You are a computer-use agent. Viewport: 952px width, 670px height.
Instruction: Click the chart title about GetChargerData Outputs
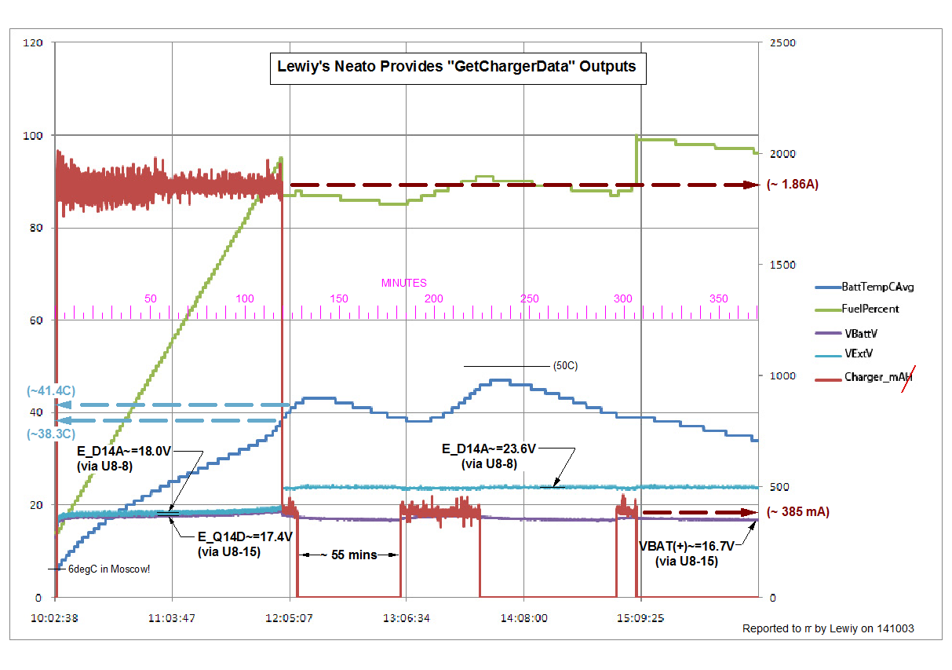(x=457, y=67)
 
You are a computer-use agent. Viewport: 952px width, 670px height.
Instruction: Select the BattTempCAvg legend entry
(x=877, y=287)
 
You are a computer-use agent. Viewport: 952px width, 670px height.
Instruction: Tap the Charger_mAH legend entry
(x=877, y=377)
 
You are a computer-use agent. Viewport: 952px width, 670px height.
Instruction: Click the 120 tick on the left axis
(x=32, y=42)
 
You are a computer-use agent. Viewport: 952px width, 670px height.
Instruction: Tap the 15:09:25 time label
(x=640, y=618)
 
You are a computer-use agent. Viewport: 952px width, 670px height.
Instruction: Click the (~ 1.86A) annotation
(x=792, y=185)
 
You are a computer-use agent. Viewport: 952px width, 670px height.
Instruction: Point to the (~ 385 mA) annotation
(x=797, y=512)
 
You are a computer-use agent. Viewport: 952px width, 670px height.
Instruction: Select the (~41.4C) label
(x=50, y=390)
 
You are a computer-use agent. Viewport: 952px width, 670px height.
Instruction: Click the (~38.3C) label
(x=50, y=434)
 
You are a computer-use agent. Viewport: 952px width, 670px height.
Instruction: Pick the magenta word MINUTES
(x=404, y=283)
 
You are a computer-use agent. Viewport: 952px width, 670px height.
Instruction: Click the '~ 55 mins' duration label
(x=348, y=555)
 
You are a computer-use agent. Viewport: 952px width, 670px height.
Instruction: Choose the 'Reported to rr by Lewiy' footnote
(x=827, y=629)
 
